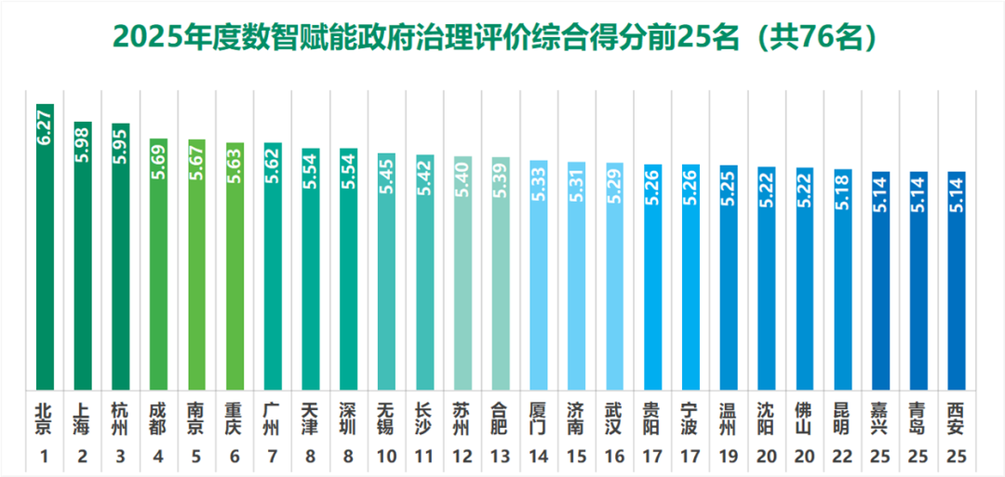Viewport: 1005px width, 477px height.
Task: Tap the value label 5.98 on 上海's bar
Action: coord(83,142)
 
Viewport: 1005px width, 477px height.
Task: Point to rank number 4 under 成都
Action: coord(159,456)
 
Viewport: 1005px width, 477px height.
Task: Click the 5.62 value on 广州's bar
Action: coord(273,164)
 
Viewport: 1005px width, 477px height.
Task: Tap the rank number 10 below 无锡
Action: coord(386,456)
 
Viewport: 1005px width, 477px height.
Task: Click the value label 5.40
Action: coord(462,179)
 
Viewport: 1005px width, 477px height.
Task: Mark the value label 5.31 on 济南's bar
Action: coord(577,182)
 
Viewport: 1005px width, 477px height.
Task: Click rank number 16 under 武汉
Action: coord(614,456)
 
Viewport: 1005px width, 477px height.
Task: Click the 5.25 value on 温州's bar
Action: coord(729,186)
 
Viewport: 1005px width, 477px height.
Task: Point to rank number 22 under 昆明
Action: coord(842,456)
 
